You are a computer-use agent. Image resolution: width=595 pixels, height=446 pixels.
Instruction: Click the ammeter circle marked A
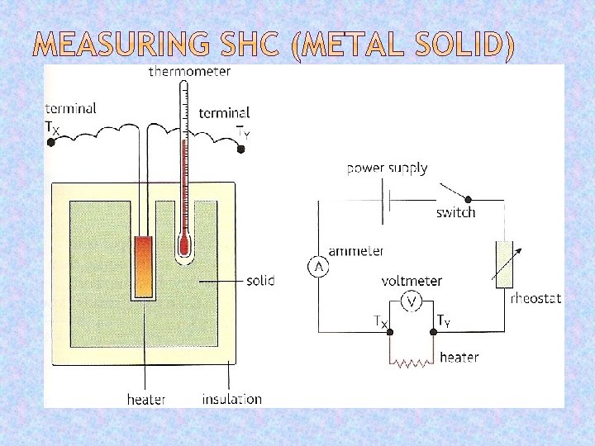[x=317, y=267]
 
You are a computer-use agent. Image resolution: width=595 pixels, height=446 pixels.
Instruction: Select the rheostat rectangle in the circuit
[x=503, y=264]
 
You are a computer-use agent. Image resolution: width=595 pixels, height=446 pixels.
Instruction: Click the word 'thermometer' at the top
[x=189, y=72]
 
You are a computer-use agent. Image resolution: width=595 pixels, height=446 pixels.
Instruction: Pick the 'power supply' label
[x=387, y=168]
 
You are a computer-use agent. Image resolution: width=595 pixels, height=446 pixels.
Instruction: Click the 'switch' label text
[x=455, y=212]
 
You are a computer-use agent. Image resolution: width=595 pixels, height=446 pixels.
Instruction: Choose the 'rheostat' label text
[x=536, y=298]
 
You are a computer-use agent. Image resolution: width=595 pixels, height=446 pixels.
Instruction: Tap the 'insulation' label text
[x=231, y=399]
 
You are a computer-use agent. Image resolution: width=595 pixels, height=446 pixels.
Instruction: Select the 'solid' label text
[x=260, y=281]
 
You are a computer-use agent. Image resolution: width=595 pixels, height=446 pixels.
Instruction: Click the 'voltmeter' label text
[x=412, y=281]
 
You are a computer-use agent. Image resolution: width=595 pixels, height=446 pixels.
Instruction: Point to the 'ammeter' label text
[x=355, y=250]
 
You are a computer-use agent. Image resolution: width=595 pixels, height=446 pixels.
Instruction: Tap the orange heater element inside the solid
[x=144, y=265]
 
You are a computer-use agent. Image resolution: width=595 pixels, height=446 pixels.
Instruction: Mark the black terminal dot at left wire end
[x=51, y=142]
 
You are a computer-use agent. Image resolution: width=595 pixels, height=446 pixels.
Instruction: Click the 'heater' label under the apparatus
[x=145, y=399]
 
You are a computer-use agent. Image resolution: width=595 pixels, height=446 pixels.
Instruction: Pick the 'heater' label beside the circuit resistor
[x=459, y=358]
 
